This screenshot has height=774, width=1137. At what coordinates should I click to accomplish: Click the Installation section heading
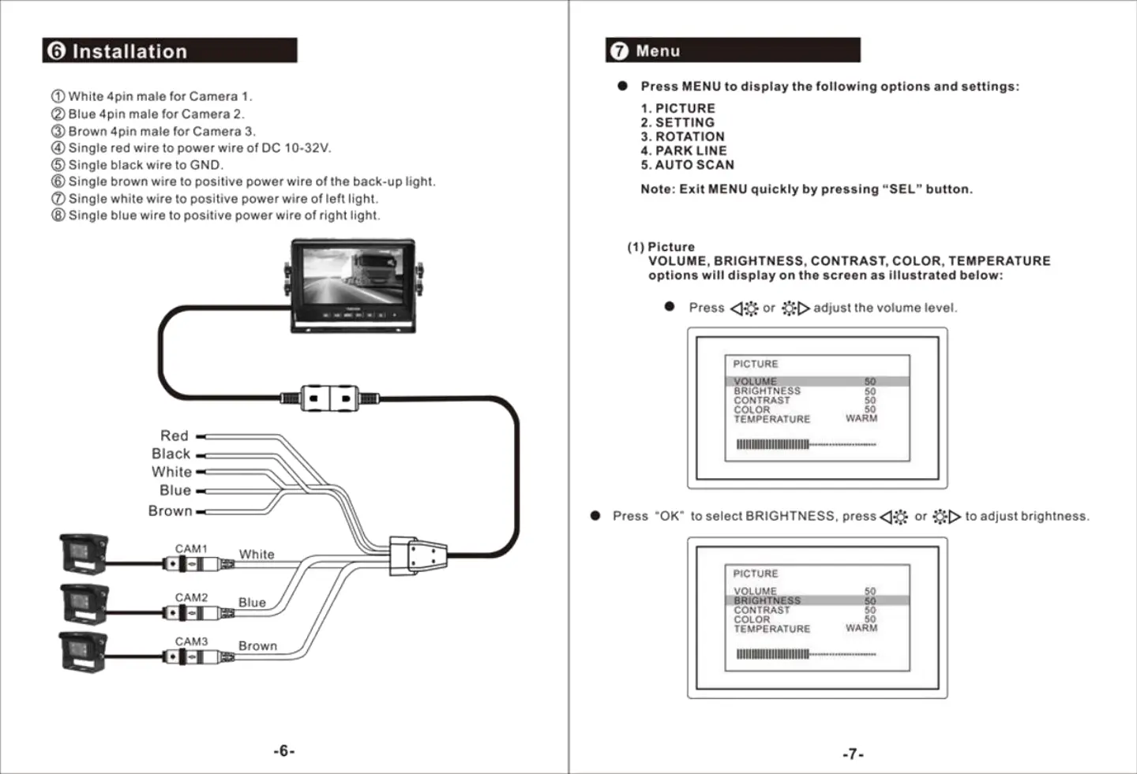coord(129,51)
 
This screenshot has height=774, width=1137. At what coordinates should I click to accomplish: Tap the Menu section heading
coord(658,51)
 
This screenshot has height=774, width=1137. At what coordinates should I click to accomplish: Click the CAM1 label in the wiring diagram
coord(191,548)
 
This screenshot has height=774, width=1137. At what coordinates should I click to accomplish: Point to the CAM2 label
coord(191,597)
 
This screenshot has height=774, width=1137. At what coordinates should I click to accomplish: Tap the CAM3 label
coord(191,641)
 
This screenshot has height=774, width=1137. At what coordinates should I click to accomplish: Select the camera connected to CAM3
coord(84,652)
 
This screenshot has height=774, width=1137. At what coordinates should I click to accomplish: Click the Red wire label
coord(174,436)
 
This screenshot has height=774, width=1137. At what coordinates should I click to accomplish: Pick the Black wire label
coord(171,454)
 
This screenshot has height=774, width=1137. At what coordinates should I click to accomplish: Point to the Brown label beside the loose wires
coord(170,510)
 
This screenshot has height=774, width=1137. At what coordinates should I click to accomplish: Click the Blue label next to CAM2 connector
coord(252,602)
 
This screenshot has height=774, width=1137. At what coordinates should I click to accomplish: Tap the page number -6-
coord(284,751)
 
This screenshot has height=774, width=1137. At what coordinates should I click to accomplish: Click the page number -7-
coord(853,754)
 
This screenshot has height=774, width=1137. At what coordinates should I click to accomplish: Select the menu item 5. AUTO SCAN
coord(687,165)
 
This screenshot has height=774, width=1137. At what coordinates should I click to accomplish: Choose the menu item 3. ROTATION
coord(682,136)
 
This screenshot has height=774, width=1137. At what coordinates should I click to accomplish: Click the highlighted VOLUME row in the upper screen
coord(816,382)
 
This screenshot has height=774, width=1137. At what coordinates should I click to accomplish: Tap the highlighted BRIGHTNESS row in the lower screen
coord(816,600)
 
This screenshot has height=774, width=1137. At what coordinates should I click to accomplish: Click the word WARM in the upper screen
coord(861,418)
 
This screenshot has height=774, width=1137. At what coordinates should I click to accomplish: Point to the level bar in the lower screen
coord(805,654)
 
